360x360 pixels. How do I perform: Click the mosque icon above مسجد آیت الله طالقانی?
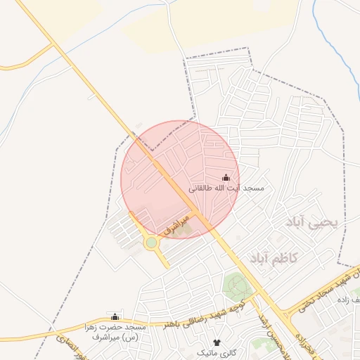pyautogui.click(x=226, y=178)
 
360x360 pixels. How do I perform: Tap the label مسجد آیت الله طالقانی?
pyautogui.click(x=226, y=189)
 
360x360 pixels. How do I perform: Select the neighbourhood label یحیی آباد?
pyautogui.click(x=312, y=222)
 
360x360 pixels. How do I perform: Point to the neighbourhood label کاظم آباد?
pyautogui.click(x=274, y=258)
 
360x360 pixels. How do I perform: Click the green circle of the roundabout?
pyautogui.click(x=151, y=243)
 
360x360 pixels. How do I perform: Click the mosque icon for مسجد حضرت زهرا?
pyautogui.click(x=115, y=317)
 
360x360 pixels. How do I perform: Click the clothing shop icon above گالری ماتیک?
pyautogui.click(x=216, y=342)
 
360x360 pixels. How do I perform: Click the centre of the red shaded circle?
pyautogui.click(x=181, y=179)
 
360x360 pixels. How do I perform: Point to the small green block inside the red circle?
pyautogui.click(x=182, y=228)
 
